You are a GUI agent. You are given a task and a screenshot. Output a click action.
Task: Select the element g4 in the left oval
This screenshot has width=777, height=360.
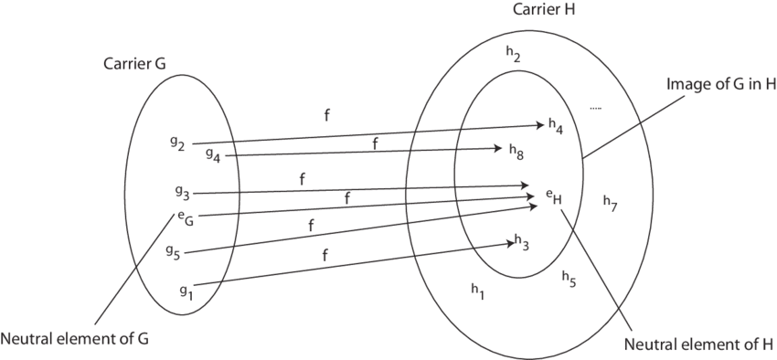click(x=213, y=154)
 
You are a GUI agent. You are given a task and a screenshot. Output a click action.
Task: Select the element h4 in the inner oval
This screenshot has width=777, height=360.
click(x=555, y=126)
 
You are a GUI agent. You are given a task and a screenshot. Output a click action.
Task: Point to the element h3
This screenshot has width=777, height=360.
click(x=522, y=242)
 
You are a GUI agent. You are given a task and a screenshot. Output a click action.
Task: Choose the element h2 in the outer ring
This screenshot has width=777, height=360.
click(x=514, y=54)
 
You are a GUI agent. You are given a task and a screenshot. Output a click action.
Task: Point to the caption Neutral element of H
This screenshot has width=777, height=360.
click(x=691, y=344)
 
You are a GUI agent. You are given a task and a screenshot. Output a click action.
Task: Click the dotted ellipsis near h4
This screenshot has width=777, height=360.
click(x=595, y=109)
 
